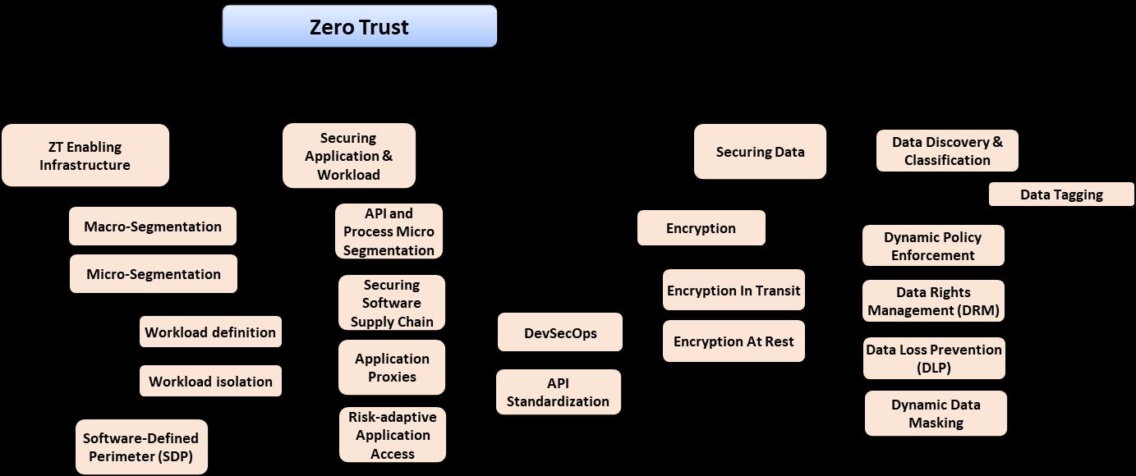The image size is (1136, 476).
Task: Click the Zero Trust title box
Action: pos(359,26)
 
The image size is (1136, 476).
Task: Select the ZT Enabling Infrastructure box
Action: pos(85,156)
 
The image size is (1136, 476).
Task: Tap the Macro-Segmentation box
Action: pos(153,227)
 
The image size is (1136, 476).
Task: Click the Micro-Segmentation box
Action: pos(154,274)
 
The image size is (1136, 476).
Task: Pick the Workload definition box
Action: pos(210,332)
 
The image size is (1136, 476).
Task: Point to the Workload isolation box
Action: pos(210,382)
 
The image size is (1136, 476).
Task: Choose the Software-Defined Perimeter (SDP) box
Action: pos(141,447)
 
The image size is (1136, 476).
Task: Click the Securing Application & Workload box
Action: pos(349,156)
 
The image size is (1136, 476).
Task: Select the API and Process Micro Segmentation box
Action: pos(389,231)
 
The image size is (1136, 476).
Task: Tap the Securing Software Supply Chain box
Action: pos(392,303)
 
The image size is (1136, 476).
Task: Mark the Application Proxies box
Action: pos(392,368)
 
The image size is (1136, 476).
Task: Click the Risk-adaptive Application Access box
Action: pos(393,435)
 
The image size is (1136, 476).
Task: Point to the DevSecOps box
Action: pos(560,332)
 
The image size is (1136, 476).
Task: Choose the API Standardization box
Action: pos(559,392)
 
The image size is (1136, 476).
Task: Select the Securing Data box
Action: pos(760,152)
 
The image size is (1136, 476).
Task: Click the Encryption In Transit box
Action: pos(734,291)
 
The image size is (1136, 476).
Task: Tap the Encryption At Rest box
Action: pos(734,341)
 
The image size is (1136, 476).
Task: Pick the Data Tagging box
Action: pos(1061,195)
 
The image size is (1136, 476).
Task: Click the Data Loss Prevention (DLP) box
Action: pos(934,359)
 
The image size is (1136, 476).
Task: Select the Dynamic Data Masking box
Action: pos(936,414)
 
